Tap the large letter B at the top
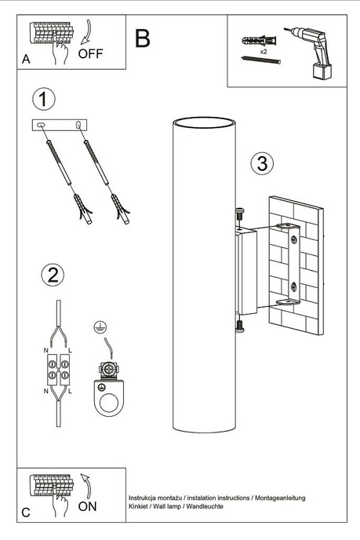pyautogui.click(x=143, y=37)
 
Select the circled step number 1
pyautogui.click(x=45, y=100)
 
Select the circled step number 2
pyautogui.click(x=52, y=275)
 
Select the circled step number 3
pyautogui.click(x=263, y=164)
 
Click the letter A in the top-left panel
pyautogui.click(x=26, y=59)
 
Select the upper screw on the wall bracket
pyautogui.click(x=239, y=211)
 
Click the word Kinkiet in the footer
pyautogui.click(x=141, y=509)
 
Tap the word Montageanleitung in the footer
pyautogui.click(x=280, y=498)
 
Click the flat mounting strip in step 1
pyautogui.click(x=60, y=126)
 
